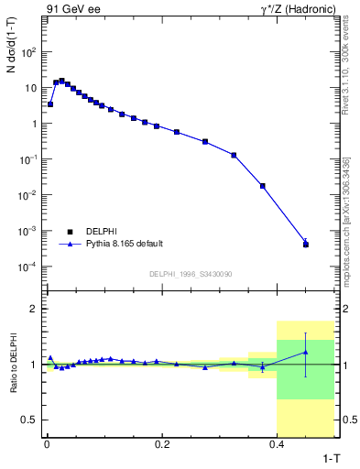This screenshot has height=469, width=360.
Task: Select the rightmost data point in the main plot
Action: [x=306, y=245]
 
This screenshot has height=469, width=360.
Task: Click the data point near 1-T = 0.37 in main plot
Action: [x=263, y=186]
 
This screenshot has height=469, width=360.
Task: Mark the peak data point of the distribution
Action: [x=61, y=81]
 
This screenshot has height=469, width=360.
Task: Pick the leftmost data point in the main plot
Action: [x=50, y=104]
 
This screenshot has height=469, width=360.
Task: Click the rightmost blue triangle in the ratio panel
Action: [x=306, y=352]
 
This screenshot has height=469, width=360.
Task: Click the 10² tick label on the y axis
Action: [x=29, y=52]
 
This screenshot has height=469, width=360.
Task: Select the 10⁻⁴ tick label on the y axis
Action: [x=29, y=267]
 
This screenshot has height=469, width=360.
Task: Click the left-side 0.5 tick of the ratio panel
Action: [x=32, y=420]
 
